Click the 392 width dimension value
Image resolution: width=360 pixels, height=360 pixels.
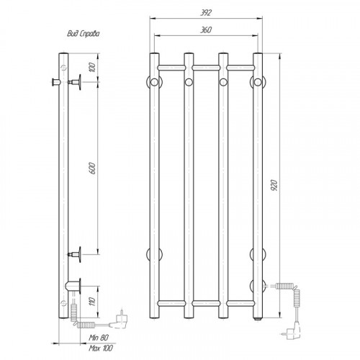(206, 13)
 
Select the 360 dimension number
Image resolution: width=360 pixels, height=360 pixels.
(206, 30)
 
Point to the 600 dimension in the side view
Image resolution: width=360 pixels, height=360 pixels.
(93, 168)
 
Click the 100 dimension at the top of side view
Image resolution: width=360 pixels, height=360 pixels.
(93, 67)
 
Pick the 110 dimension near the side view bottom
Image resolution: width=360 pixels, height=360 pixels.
(93, 301)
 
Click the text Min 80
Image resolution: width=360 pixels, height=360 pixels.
(99, 338)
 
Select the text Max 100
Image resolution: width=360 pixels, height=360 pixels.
(101, 348)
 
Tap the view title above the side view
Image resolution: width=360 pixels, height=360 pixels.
(83, 34)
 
